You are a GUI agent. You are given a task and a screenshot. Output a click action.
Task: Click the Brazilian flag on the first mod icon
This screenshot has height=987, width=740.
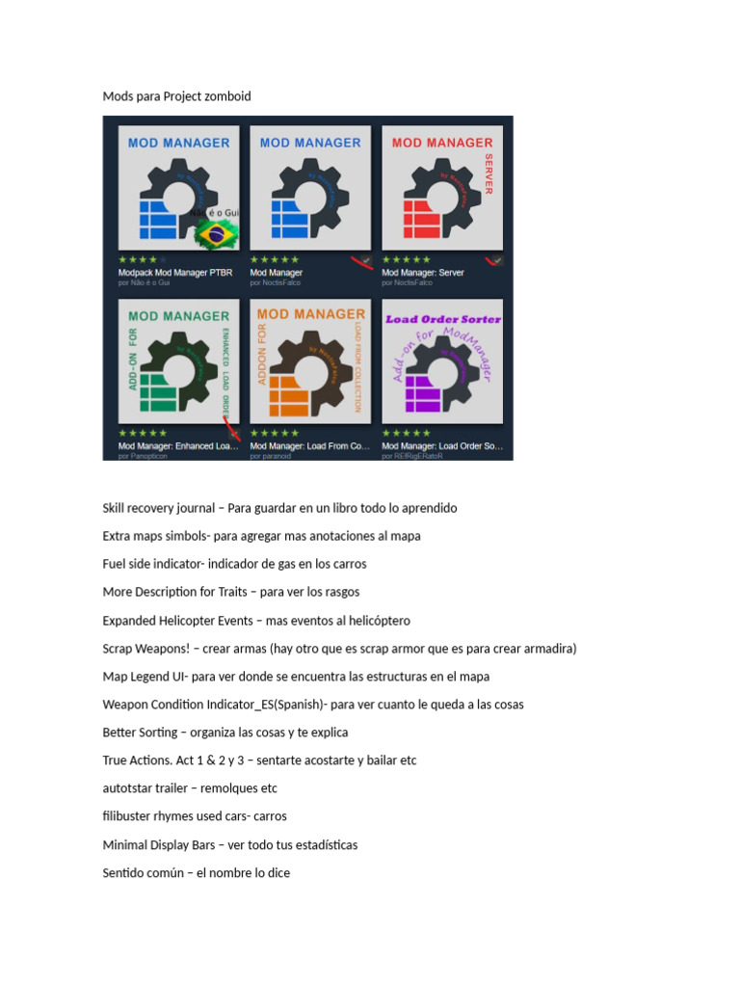(217, 232)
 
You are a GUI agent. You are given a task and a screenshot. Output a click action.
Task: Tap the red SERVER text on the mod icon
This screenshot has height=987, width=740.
(489, 173)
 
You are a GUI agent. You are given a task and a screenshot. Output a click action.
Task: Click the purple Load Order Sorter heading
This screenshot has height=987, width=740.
(442, 319)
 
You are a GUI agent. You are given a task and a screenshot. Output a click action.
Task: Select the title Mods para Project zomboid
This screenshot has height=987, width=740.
(176, 96)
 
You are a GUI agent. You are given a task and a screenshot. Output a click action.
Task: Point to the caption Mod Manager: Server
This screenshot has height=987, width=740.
(422, 273)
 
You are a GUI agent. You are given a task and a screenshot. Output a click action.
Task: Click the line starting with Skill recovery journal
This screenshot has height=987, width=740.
(279, 508)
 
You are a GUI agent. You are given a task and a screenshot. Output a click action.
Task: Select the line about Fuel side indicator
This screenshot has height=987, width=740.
(234, 564)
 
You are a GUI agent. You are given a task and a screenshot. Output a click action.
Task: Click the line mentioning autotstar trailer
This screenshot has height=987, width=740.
(190, 788)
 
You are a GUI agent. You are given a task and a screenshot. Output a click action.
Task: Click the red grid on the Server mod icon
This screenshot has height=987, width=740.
(420, 220)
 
